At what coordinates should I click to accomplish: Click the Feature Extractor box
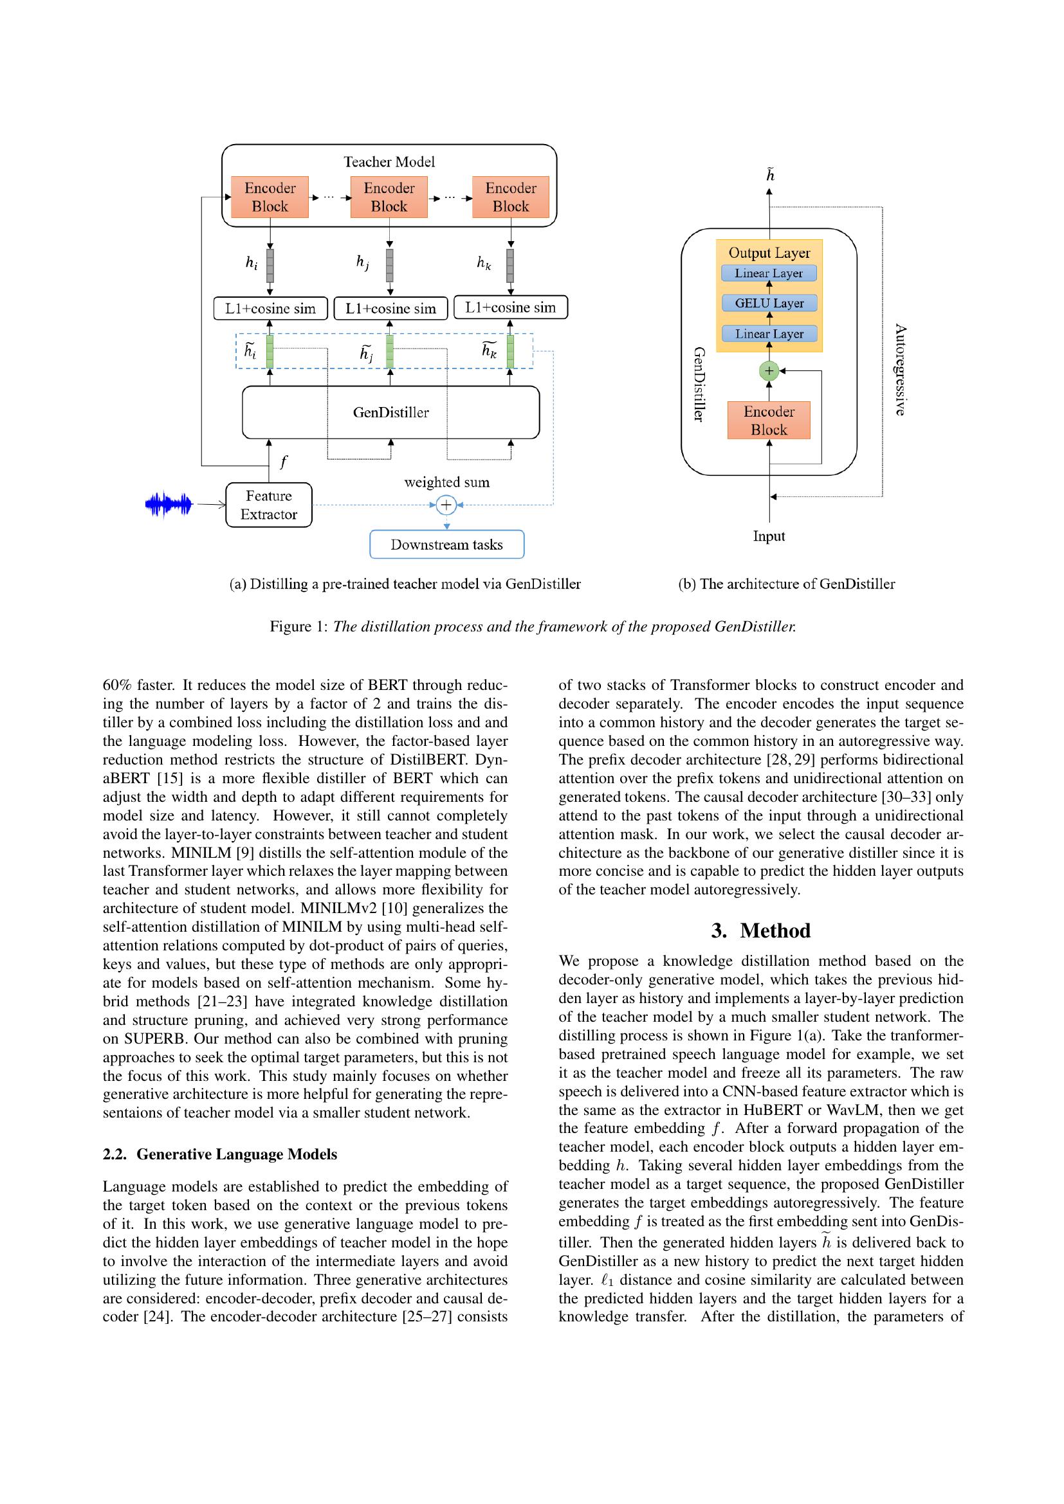269,504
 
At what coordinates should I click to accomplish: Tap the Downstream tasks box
447,545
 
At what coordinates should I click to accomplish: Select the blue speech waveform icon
169,504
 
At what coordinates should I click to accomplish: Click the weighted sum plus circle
446,504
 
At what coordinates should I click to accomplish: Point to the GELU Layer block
769,304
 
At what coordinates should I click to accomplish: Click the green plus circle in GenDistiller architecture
769,371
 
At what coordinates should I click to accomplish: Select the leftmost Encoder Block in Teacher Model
270,197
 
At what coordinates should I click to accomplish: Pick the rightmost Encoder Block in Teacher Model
510,197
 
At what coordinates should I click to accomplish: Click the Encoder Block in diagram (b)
769,421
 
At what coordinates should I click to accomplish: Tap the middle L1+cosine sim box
390,309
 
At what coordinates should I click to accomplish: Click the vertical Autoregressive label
900,370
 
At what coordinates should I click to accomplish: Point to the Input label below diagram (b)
769,536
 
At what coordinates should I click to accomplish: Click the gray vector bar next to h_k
510,266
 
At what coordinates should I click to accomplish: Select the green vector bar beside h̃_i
270,352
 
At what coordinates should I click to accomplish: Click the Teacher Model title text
389,162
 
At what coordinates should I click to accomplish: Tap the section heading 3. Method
760,931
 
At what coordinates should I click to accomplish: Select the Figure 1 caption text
533,626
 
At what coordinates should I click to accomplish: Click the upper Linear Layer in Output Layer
769,273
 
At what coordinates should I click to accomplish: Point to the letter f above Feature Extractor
284,462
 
